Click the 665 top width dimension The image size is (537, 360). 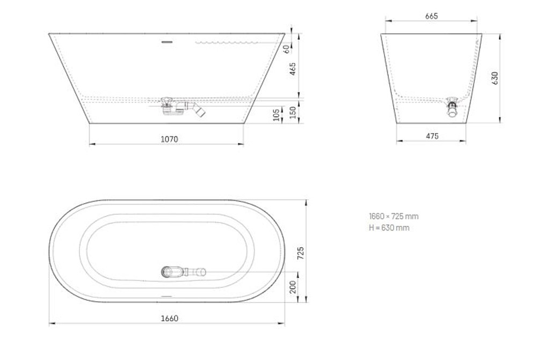[431, 16]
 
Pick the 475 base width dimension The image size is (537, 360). [432, 136]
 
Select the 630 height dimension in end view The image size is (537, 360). [495, 78]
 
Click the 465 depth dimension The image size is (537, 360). [293, 69]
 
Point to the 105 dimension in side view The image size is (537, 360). [277, 114]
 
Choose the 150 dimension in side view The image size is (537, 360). [293, 112]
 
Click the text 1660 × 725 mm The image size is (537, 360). [393, 217]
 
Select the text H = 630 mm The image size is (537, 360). [389, 228]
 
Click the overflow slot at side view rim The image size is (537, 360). [166, 41]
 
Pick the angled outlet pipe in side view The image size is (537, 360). [200, 110]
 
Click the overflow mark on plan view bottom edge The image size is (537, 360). [166, 296]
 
